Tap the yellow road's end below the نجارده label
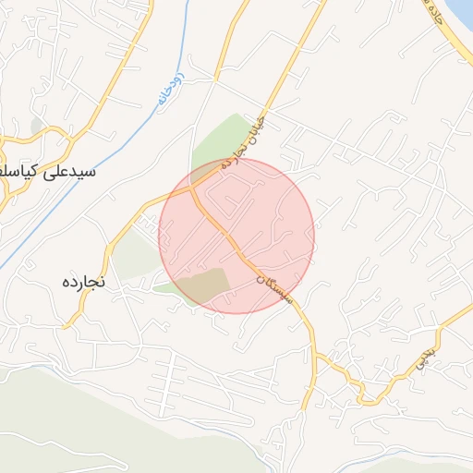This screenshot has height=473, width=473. click(67, 325)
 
